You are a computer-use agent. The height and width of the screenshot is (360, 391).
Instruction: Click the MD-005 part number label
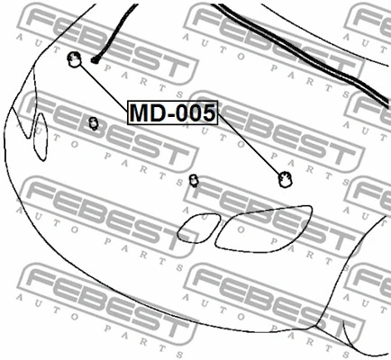(x=173, y=112)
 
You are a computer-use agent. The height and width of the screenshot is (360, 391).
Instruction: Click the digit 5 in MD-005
(x=208, y=112)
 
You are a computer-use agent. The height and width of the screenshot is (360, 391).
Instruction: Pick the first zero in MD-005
(x=182, y=112)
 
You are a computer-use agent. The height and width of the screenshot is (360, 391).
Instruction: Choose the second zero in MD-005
(x=195, y=112)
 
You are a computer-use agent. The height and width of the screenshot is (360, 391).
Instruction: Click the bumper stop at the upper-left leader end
(x=74, y=59)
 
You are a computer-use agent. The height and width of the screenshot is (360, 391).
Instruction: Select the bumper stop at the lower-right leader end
(x=285, y=179)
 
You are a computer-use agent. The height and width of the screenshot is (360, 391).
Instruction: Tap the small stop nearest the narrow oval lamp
(x=94, y=123)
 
